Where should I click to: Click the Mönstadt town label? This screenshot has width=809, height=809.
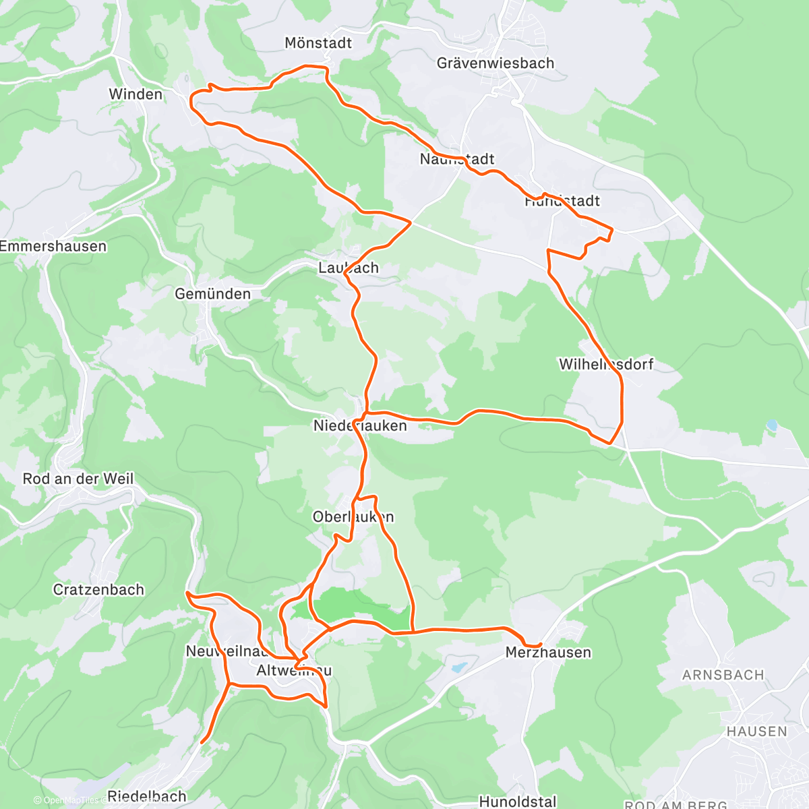[318, 43]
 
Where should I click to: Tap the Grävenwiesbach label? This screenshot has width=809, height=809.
[496, 63]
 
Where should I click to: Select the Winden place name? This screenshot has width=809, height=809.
[136, 94]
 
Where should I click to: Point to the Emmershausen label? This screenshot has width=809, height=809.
[53, 247]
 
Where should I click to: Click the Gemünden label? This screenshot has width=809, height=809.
[212, 294]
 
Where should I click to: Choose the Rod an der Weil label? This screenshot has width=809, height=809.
[78, 479]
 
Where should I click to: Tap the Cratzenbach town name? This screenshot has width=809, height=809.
[98, 590]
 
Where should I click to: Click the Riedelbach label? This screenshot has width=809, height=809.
[146, 796]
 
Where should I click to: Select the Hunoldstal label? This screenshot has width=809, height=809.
[518, 802]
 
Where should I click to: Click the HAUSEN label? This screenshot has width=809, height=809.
[756, 731]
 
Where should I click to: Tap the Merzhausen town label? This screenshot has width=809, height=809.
[548, 653]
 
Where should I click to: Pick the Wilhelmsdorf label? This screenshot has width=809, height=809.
[606, 365]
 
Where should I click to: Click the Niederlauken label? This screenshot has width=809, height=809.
[360, 426]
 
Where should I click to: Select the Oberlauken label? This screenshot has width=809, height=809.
[353, 517]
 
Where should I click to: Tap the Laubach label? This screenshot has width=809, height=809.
[348, 268]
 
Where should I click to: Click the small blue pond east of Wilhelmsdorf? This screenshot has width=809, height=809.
[772, 425]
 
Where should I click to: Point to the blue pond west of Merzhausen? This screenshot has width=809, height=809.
[458, 667]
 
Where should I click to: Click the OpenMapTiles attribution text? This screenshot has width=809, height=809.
[67, 800]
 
